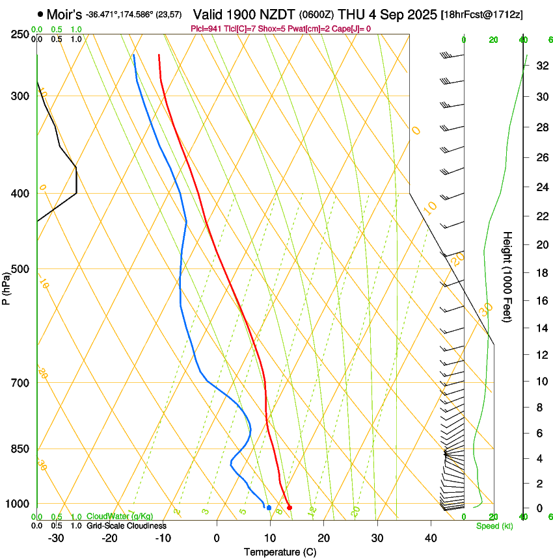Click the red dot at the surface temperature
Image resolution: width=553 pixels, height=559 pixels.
[x=290, y=508]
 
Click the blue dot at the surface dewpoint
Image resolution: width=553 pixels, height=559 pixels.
[x=269, y=508]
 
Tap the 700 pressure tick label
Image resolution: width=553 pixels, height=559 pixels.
[x=21, y=383]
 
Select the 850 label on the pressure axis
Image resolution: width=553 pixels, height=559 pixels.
[x=21, y=449]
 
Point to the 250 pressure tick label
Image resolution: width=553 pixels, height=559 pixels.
[x=21, y=34]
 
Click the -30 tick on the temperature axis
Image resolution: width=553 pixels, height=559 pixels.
[x=56, y=538]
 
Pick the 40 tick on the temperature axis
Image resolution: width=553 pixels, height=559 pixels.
[x=431, y=538]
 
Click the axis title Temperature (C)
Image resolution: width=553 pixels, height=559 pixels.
[x=280, y=552]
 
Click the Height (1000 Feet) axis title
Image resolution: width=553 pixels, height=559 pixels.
[x=508, y=276]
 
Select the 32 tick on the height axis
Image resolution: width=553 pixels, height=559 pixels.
[x=541, y=66]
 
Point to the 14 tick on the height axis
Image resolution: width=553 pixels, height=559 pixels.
[x=541, y=328]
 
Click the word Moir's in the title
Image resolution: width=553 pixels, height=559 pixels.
[x=64, y=14]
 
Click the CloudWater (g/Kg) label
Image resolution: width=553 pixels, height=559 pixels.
[x=120, y=517]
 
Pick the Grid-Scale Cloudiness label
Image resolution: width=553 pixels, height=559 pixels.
[x=126, y=526]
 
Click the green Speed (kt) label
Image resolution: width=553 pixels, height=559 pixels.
[x=494, y=526]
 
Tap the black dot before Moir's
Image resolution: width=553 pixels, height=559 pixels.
[x=40, y=14]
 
